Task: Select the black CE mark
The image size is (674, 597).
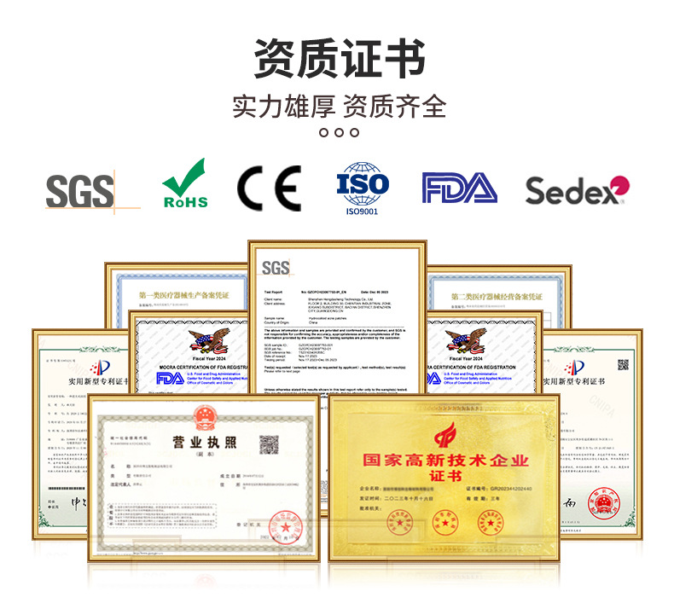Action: (x=269, y=188)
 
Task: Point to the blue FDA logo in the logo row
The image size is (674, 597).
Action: (x=459, y=188)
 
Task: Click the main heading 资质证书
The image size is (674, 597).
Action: (x=340, y=58)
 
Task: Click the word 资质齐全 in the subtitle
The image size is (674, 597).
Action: (x=394, y=106)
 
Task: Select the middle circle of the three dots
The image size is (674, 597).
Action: (x=340, y=132)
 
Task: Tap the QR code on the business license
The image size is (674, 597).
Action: (x=270, y=445)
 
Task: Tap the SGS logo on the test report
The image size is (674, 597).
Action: (x=276, y=269)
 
